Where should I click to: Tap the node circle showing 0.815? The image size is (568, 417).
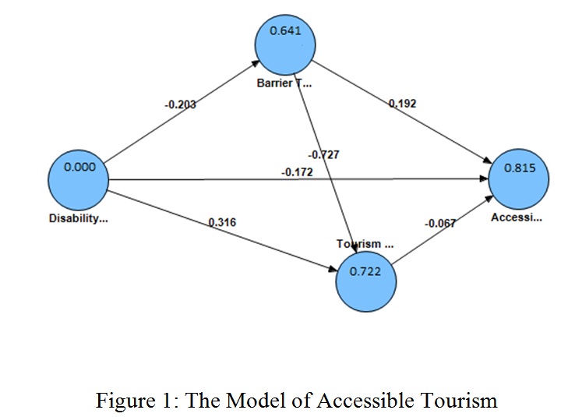coord(519,179)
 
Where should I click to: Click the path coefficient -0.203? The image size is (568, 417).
coord(181,104)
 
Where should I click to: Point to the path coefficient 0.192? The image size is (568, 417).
coord(403,103)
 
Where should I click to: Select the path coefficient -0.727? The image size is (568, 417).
coord(324,155)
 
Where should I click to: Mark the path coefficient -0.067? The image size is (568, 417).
coord(439,224)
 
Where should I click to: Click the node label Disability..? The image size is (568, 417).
coord(79,218)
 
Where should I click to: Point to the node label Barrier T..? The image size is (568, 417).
coord(284,83)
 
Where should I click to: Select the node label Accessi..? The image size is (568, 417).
coord(517,217)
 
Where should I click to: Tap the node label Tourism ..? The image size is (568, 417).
coord(365,244)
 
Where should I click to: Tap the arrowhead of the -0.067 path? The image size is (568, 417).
coord(490,199)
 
